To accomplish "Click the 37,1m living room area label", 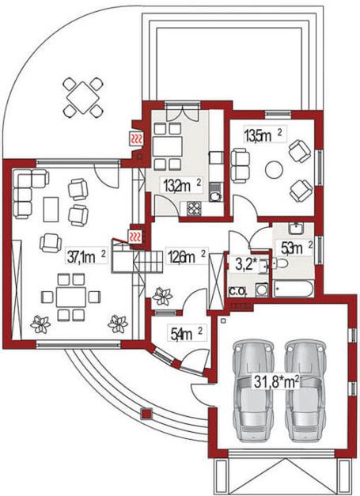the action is pyautogui.click(x=87, y=256).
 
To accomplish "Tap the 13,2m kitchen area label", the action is pyautogui.click(x=182, y=186).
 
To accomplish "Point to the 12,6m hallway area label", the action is pyautogui.click(x=187, y=256).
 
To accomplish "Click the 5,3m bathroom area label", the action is pyautogui.click(x=294, y=248).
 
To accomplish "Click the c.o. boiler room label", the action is pyautogui.click(x=238, y=290).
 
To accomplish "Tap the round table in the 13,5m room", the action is pyautogui.click(x=274, y=170).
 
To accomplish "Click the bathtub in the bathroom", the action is pyautogui.click(x=294, y=289).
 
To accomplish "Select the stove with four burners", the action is pyautogui.click(x=194, y=209).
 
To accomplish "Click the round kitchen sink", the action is pyautogui.click(x=216, y=197).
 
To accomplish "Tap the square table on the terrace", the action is pyautogui.click(x=83, y=97).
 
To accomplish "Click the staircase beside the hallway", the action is pyautogui.click(x=138, y=259).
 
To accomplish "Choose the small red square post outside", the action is pyautogui.click(x=146, y=414).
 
